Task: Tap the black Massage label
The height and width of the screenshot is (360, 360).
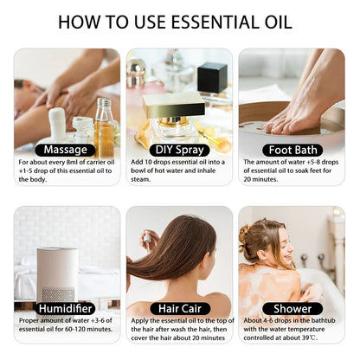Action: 66,150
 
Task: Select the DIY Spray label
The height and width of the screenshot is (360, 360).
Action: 179,150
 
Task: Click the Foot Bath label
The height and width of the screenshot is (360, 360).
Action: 292,150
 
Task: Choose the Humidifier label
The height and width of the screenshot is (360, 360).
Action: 66,308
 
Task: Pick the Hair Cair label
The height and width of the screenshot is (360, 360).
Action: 179,308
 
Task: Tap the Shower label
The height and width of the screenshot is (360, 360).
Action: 292,308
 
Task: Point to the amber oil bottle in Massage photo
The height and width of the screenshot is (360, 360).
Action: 105,125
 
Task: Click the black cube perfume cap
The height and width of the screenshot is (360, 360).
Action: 211,77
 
